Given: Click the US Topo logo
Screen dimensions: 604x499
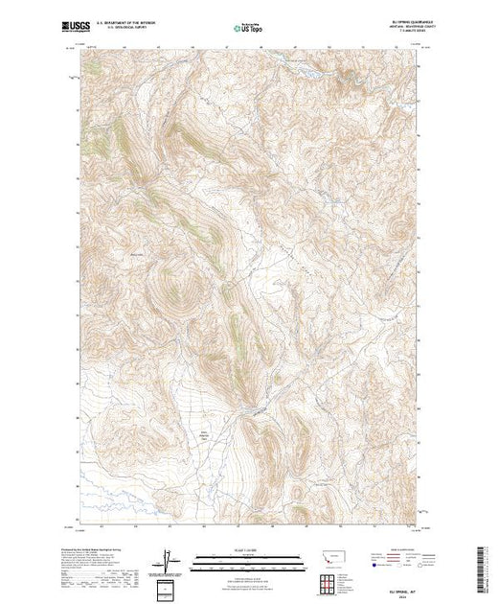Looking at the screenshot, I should click(249, 29).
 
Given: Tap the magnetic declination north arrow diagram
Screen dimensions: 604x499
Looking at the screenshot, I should click(169, 560).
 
